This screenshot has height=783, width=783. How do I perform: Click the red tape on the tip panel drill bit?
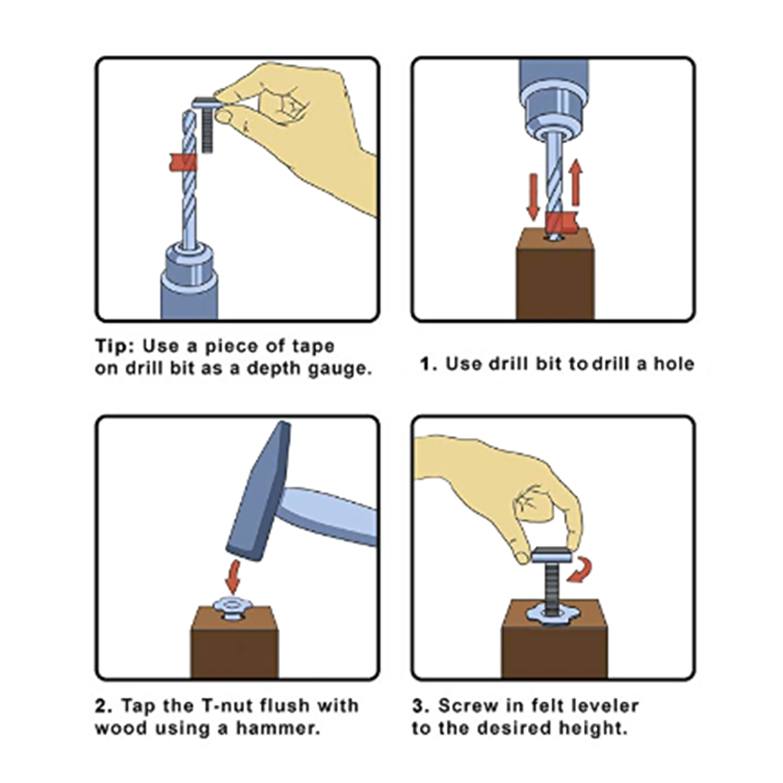point(184,162)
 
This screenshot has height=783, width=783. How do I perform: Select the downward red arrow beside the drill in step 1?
point(533,197)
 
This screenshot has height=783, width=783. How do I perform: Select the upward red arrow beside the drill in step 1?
point(576,182)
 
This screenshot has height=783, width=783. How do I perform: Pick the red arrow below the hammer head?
point(233,576)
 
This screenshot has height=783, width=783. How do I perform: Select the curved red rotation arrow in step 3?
point(580,570)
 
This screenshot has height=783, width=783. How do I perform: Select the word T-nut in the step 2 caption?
point(226,705)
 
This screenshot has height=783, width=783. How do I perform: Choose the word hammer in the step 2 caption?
point(278,728)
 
